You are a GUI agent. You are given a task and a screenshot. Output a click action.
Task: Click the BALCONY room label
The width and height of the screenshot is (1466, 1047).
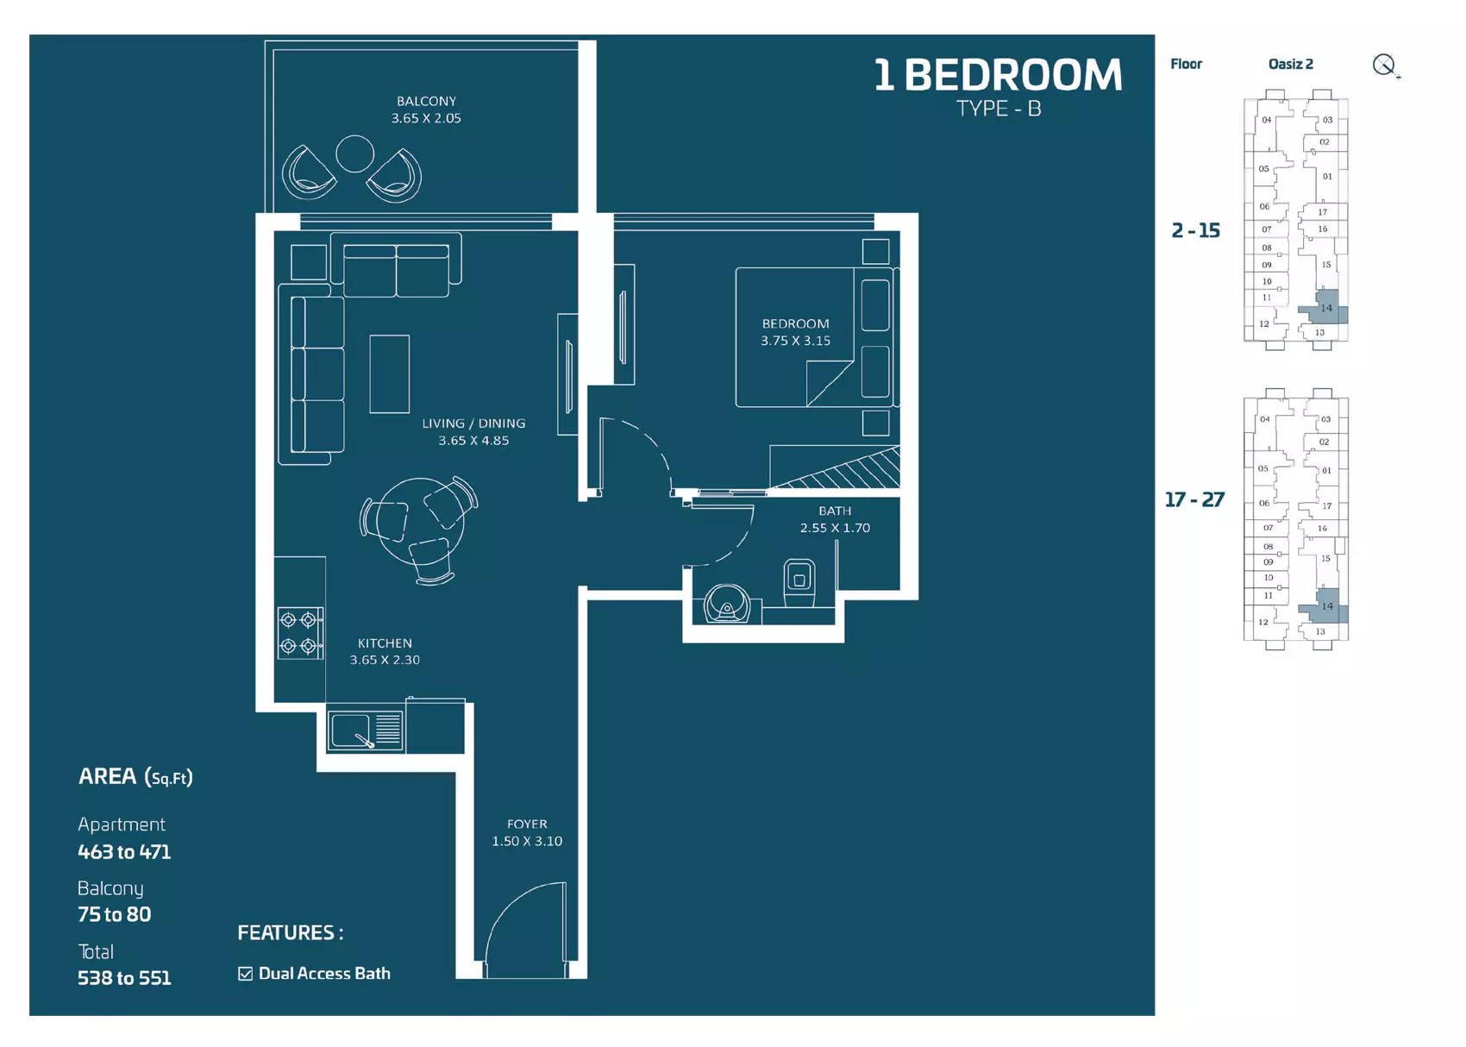(x=426, y=102)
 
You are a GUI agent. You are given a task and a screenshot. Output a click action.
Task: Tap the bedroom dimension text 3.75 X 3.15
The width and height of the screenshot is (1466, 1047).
(x=795, y=341)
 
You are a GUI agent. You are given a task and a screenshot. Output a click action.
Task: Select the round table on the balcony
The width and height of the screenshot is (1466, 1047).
(x=354, y=154)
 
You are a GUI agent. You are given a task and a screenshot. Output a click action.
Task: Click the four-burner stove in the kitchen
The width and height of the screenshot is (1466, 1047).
(x=300, y=633)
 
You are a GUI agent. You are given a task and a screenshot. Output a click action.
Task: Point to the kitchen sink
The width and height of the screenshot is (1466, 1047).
(x=365, y=731)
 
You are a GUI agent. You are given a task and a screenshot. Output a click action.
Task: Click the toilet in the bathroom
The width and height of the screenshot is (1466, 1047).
(x=799, y=582)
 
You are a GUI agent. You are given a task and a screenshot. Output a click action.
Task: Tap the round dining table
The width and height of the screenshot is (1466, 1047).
(x=422, y=521)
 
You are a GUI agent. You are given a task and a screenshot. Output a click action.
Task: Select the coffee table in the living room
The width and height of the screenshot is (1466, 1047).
(x=390, y=374)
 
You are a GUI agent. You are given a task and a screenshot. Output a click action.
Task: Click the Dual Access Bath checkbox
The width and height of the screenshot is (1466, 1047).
(x=246, y=974)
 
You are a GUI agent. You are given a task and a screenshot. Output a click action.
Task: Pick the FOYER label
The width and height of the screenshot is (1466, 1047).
(x=527, y=824)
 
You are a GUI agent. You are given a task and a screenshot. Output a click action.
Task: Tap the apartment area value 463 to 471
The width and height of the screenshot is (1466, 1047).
(x=124, y=852)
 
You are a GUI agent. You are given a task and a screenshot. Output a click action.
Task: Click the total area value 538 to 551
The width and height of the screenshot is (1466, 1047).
(x=124, y=978)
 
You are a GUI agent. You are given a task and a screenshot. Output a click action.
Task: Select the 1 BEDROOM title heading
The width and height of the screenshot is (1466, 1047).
(x=998, y=74)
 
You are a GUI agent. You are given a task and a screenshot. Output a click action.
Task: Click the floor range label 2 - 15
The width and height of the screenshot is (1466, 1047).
(x=1196, y=230)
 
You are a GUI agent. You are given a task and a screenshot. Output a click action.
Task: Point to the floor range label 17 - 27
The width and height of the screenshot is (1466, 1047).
(x=1194, y=500)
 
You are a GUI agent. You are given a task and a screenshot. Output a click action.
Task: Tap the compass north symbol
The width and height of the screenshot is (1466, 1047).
(x=1385, y=66)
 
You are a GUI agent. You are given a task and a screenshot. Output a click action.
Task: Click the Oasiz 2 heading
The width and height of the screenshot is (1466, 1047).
(x=1291, y=64)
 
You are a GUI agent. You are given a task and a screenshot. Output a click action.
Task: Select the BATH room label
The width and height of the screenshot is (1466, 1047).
(x=835, y=511)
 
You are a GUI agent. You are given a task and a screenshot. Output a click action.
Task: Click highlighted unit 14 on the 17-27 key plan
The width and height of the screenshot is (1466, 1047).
(x=1325, y=607)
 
